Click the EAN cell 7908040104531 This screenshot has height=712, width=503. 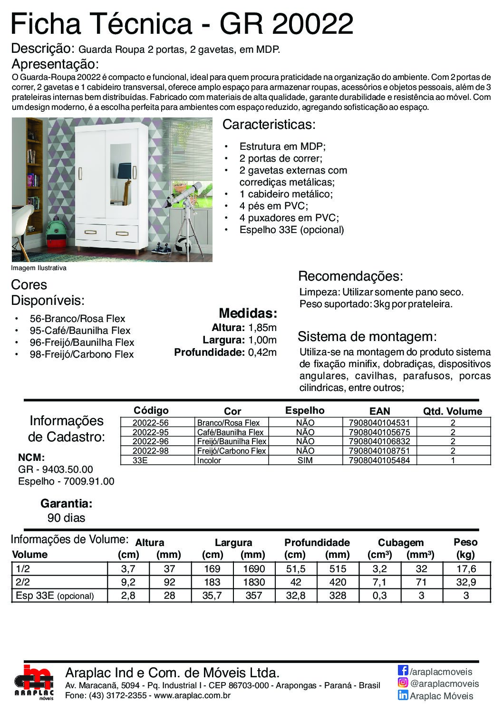379,423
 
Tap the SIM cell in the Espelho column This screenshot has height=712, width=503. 305,460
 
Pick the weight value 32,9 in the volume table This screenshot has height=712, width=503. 465,582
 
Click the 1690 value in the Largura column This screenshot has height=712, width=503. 253,569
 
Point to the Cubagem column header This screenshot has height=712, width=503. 400,543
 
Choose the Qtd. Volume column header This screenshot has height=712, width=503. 452,411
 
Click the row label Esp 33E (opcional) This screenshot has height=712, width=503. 55,595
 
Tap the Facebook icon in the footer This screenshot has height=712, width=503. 403,671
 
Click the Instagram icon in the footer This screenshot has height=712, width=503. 403,683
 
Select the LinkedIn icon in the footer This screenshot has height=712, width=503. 403,695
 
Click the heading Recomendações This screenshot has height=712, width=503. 350,276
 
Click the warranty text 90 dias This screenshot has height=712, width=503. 66,518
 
